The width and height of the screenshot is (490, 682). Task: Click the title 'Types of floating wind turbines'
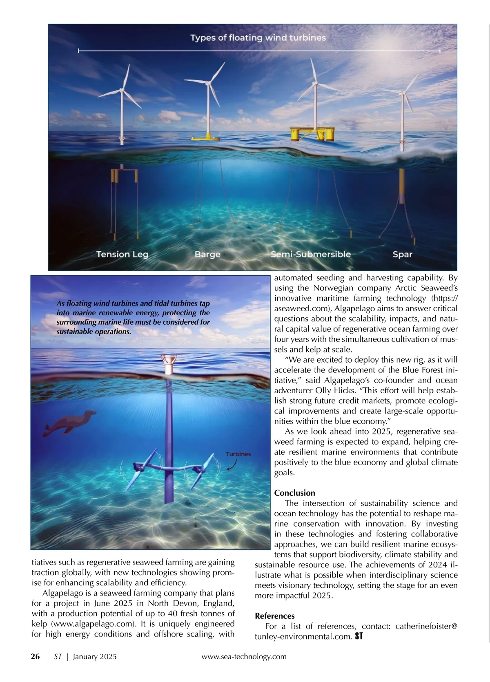coord(258,38)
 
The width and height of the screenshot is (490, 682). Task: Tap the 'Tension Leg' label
coord(122,255)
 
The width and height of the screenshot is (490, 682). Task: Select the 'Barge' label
coord(207,255)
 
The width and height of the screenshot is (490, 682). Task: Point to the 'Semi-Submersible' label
coord(311,255)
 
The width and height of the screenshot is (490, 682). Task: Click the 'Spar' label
coord(402,255)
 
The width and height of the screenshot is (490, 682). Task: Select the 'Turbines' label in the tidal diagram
coord(238,454)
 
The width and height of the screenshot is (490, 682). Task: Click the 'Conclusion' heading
coord(294,493)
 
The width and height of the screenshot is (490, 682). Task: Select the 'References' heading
coord(274,616)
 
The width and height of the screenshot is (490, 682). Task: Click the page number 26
coord(36,657)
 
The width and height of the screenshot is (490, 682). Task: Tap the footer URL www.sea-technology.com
coord(244,657)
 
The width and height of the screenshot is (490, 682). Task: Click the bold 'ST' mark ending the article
coord(359,636)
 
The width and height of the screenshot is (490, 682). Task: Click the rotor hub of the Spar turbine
coord(403,93)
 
